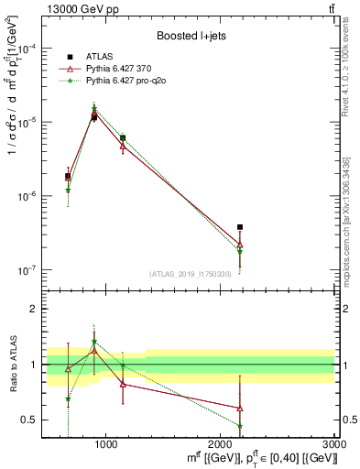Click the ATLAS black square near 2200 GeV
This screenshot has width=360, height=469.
pos(240,227)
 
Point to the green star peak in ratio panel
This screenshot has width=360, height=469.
pos(93,343)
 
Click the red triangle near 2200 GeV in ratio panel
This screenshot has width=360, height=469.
pos(240,409)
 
